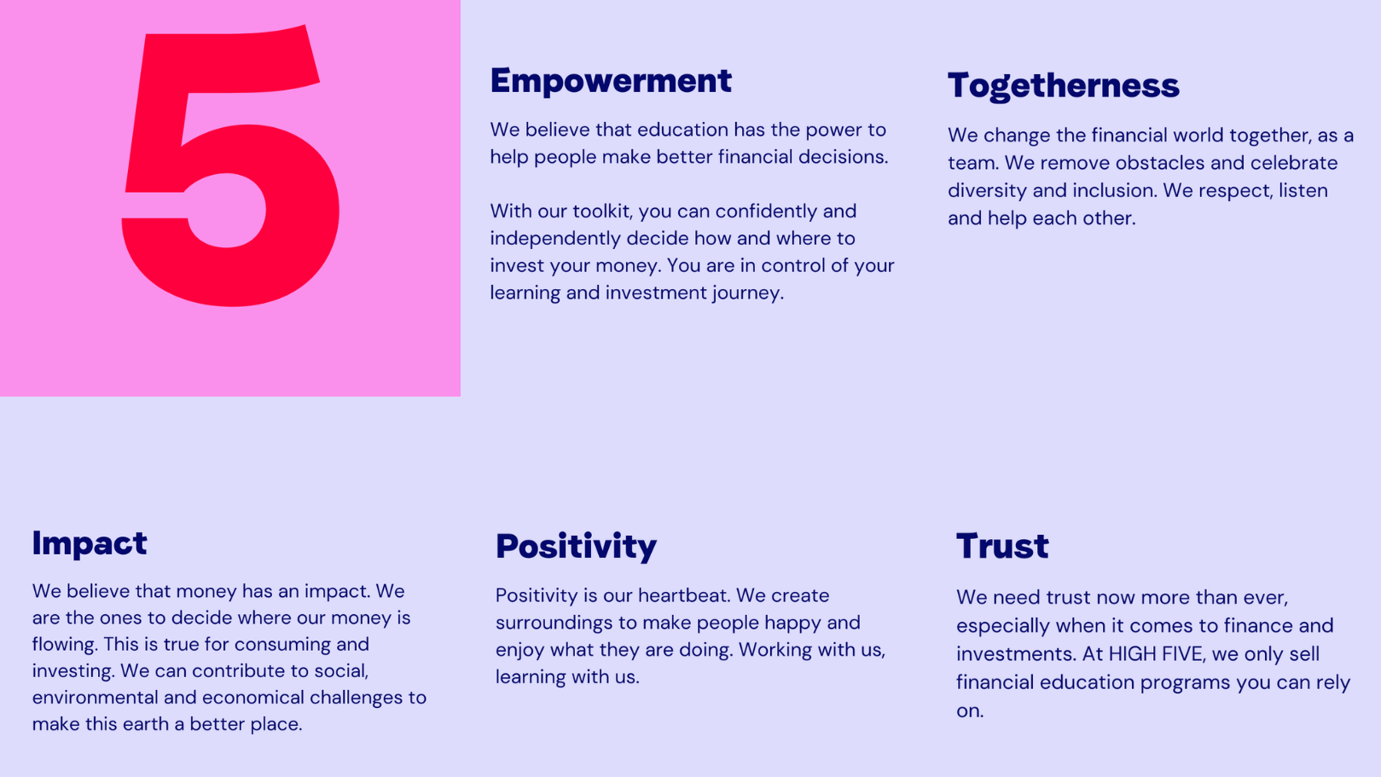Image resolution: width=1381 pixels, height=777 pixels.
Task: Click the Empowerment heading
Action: tap(611, 81)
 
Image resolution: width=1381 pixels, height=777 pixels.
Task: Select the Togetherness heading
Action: tap(1064, 86)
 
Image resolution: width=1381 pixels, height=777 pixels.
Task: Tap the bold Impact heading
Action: tap(90, 544)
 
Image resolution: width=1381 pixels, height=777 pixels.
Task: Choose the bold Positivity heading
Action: tap(576, 547)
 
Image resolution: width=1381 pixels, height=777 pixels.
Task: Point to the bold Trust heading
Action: tap(1001, 547)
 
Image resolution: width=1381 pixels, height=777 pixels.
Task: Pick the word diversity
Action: tap(987, 190)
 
